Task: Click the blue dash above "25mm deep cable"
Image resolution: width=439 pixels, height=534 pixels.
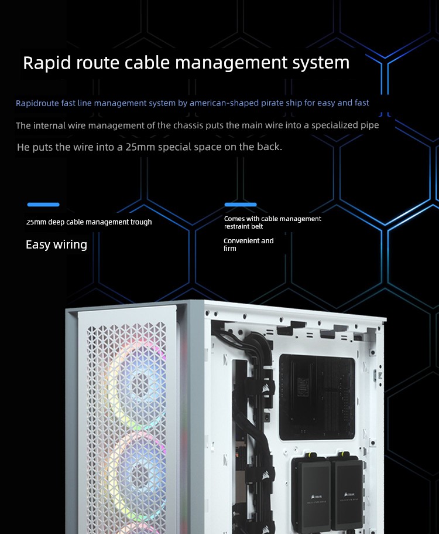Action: (43, 205)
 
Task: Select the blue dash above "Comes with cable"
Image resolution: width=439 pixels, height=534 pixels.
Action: (241, 205)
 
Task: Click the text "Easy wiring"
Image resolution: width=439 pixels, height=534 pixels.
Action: (56, 245)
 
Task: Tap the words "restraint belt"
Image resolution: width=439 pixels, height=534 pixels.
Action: (243, 226)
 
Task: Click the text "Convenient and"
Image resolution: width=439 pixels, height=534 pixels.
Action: (248, 241)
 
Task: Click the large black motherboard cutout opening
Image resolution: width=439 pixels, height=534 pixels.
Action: (317, 397)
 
